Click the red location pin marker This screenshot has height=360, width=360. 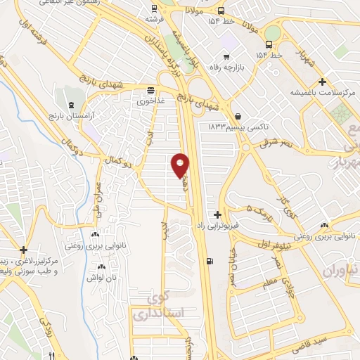[x=181, y=165]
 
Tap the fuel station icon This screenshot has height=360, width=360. [x=210, y=262]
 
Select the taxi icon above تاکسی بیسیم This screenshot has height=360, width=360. [x=238, y=116]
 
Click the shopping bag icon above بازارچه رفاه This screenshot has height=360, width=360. [x=226, y=56]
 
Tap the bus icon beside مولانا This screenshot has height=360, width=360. [x=221, y=11]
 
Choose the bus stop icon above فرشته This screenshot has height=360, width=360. [x=154, y=11]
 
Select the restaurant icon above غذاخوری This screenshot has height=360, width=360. [x=150, y=89]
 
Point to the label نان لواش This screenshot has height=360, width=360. [x=103, y=278]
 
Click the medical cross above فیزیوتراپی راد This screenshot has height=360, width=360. [x=218, y=214]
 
